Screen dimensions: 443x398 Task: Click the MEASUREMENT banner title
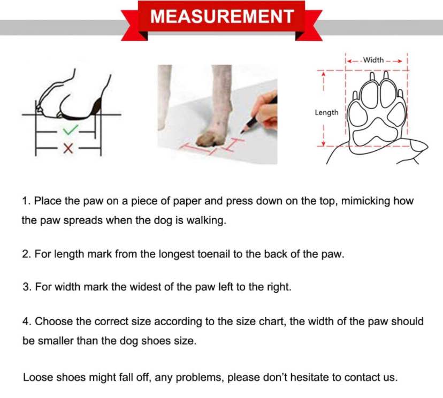[x=222, y=16]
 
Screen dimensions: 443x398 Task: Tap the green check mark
[x=70, y=130]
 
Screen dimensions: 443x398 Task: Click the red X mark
[x=68, y=148]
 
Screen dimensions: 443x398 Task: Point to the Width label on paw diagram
[x=373, y=60]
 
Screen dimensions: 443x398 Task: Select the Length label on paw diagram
[x=326, y=112]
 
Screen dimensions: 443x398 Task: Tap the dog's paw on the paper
[x=210, y=139]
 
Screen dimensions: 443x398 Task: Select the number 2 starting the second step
[x=26, y=254]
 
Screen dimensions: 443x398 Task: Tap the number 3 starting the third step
[x=26, y=287]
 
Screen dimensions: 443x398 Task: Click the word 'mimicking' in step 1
[x=365, y=201]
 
